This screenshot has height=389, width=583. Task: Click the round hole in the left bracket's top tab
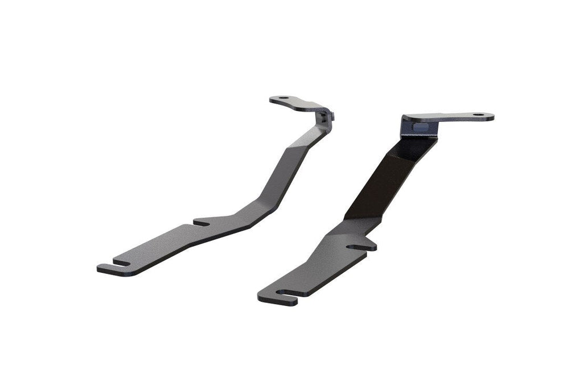(x=282, y=99)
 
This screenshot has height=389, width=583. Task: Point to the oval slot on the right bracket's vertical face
(x=419, y=122)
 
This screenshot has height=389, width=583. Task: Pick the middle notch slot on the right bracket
(x=359, y=247)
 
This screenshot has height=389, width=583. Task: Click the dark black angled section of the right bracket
(x=387, y=182)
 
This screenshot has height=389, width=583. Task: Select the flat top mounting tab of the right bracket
(x=455, y=117)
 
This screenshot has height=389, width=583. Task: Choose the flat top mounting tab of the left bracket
(x=296, y=104)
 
